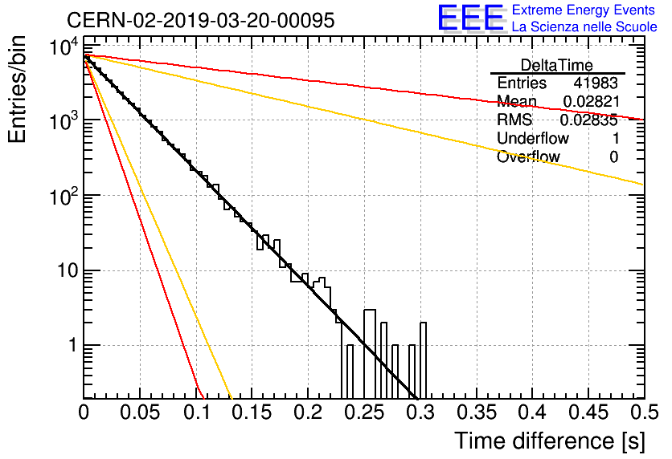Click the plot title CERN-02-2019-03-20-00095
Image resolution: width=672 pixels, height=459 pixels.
pos(201,20)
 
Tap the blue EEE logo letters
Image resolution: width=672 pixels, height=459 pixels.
pos(470,18)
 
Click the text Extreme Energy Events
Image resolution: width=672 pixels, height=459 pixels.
pos(584,10)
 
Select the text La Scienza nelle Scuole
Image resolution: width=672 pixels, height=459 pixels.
pos(584,26)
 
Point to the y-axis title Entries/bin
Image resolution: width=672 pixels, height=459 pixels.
pos(17,90)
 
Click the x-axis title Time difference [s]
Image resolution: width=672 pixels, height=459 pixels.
pos(550,441)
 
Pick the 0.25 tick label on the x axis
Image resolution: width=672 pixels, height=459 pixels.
pos(364,412)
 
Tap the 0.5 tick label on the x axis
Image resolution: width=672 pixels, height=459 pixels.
pos(645,412)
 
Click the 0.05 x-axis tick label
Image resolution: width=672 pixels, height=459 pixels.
pos(140,412)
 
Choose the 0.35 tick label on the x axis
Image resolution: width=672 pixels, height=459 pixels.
pos(477,412)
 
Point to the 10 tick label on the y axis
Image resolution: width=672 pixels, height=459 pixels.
pos(68,270)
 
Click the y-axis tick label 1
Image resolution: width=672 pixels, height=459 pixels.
pos(73,345)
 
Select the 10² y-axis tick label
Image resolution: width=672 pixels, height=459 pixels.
pos(64,196)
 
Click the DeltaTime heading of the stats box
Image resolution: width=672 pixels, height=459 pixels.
pos(557,65)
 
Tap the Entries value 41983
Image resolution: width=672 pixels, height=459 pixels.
pos(596,83)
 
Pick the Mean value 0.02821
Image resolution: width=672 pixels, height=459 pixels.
pos(592,101)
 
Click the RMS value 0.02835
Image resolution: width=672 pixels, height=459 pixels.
pos(589,120)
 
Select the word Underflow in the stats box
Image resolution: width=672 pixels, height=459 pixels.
pos(533,138)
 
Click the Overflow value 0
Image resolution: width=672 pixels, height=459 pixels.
pos(613,157)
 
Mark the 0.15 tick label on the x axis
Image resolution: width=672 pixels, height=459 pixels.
pos(252,412)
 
